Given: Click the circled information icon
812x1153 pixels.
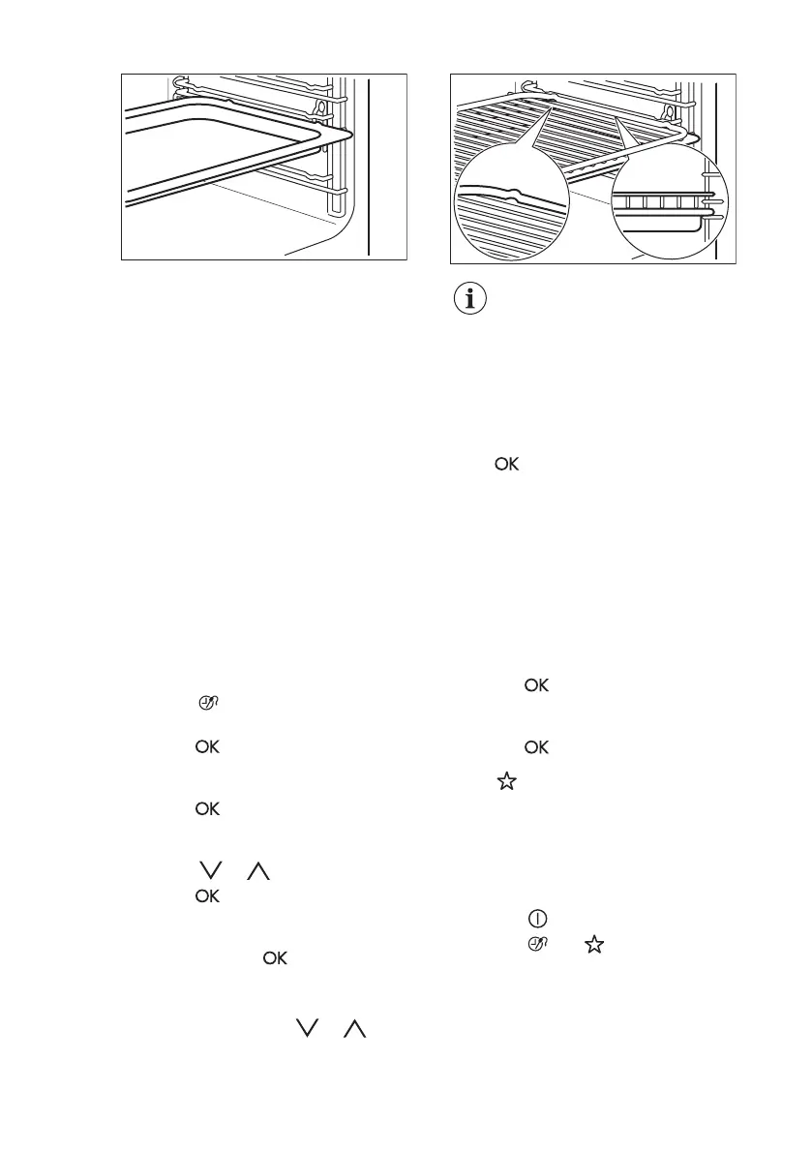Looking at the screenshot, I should [x=471, y=299].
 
